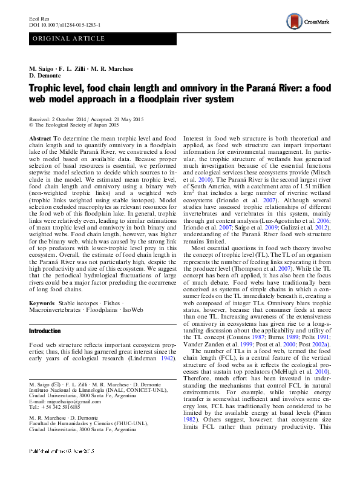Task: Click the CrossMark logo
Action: (x=309, y=22)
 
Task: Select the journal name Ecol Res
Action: (x=39, y=19)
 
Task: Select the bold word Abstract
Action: (x=40, y=139)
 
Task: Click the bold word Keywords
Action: (x=42, y=302)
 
